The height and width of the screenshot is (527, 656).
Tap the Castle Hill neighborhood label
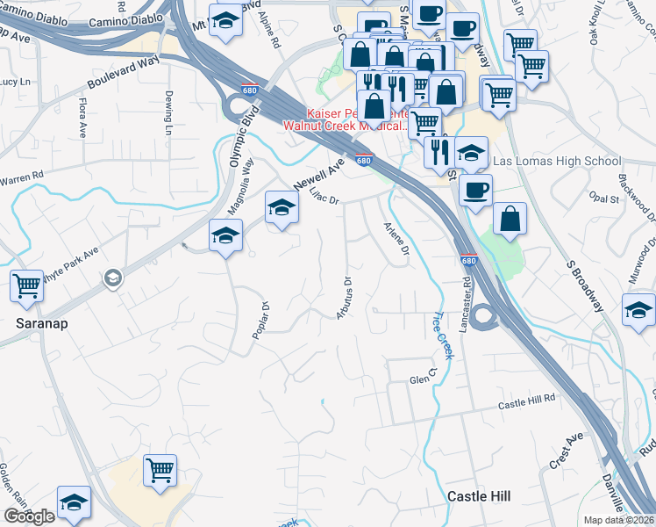click(478, 496)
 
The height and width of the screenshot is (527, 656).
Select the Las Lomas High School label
click(557, 162)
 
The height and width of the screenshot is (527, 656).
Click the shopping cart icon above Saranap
click(26, 285)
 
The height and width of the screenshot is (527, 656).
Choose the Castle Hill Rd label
click(527, 403)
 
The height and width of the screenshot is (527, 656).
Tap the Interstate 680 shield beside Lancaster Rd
click(469, 261)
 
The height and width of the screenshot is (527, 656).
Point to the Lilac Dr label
click(324, 199)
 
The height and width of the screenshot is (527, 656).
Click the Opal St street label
click(605, 199)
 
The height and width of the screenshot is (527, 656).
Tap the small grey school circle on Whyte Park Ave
click(112, 279)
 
